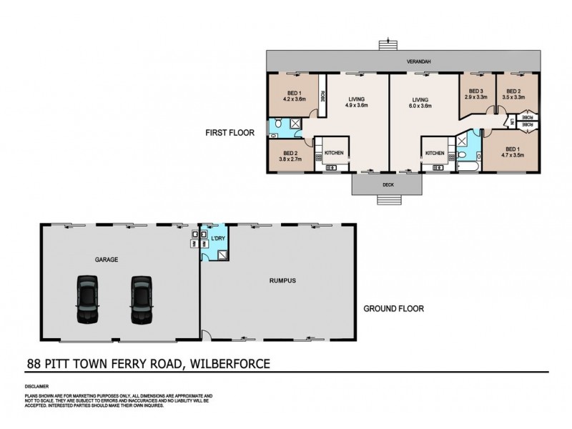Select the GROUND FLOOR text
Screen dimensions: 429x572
pyautogui.click(x=394, y=309)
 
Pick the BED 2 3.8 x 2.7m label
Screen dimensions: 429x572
pyautogui.click(x=290, y=155)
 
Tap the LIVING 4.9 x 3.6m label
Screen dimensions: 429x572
pyautogui.click(x=357, y=102)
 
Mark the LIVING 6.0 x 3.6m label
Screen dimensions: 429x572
pyautogui.click(x=420, y=102)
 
